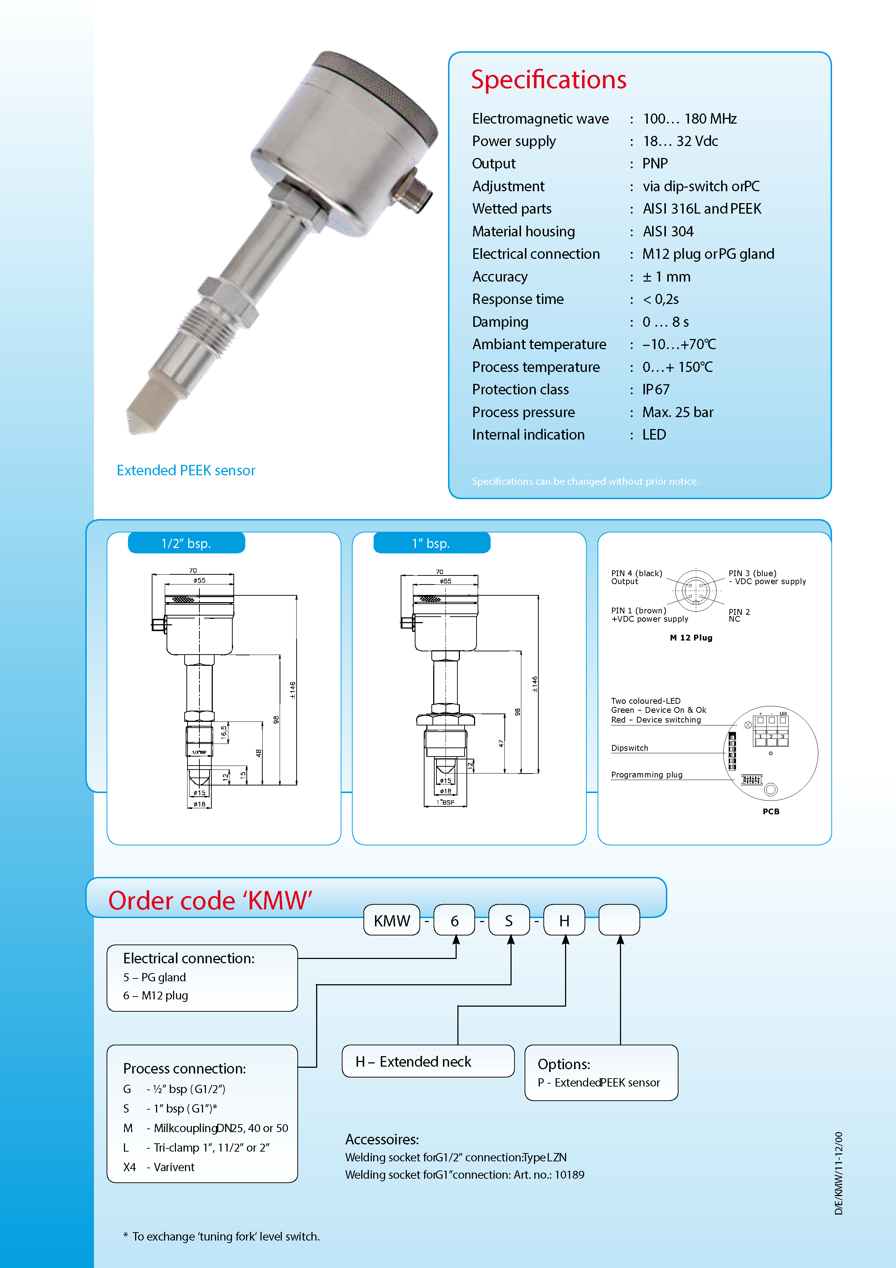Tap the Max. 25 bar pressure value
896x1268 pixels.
(x=677, y=412)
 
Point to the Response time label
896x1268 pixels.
(x=517, y=299)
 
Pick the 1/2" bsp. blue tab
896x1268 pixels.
(x=186, y=543)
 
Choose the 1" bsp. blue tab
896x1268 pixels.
(x=431, y=543)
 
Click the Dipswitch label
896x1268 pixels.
(x=629, y=748)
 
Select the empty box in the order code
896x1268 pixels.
(x=619, y=920)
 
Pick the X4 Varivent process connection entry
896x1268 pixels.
(x=159, y=1167)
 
